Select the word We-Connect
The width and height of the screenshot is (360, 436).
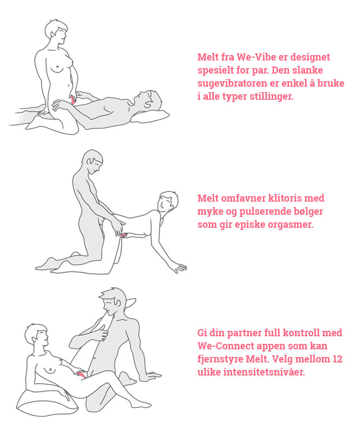tap(223, 346)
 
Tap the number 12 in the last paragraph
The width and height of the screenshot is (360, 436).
tap(337, 359)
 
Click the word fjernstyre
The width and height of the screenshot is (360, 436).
tap(220, 359)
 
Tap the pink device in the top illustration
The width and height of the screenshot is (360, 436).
tap(73, 100)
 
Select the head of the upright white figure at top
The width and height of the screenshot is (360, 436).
tap(57, 32)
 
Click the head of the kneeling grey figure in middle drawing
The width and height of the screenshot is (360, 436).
tap(92, 162)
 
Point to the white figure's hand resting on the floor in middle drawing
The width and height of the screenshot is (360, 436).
tap(177, 268)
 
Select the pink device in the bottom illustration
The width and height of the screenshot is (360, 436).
tap(81, 374)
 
